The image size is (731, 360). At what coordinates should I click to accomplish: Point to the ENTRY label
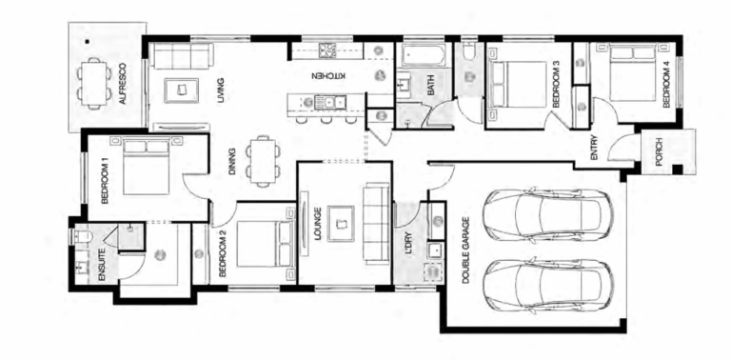point(595,150)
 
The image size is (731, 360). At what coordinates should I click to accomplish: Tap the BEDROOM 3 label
point(556,83)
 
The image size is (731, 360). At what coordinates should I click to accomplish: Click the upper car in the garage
point(544,217)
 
